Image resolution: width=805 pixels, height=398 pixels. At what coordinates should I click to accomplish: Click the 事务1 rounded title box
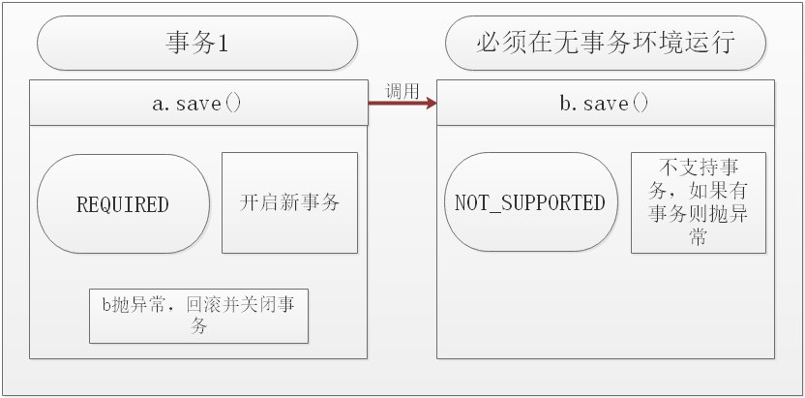[197, 44]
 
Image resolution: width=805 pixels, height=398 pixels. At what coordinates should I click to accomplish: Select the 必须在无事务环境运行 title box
[606, 44]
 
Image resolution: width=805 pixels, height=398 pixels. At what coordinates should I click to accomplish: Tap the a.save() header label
[197, 104]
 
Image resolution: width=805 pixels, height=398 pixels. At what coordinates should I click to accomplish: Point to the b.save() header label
[606, 104]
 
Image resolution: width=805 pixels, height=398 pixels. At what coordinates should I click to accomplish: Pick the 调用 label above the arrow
[402, 91]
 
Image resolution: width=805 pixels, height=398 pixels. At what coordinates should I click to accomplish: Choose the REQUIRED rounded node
[123, 204]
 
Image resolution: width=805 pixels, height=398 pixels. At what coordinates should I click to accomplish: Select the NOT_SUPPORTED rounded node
[530, 202]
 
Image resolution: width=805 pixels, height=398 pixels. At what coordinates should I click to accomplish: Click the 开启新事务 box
[289, 202]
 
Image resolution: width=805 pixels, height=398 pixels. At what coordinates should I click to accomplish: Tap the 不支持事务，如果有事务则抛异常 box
[698, 202]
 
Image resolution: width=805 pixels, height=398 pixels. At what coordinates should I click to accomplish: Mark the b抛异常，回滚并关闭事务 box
[198, 316]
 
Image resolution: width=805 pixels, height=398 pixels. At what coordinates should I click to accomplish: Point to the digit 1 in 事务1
[223, 45]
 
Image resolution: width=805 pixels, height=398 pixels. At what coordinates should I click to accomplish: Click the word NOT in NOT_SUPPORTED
[471, 203]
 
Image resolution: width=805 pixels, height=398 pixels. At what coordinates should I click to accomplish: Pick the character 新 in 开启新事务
[289, 202]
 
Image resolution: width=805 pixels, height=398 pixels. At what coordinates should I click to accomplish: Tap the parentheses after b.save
[640, 104]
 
